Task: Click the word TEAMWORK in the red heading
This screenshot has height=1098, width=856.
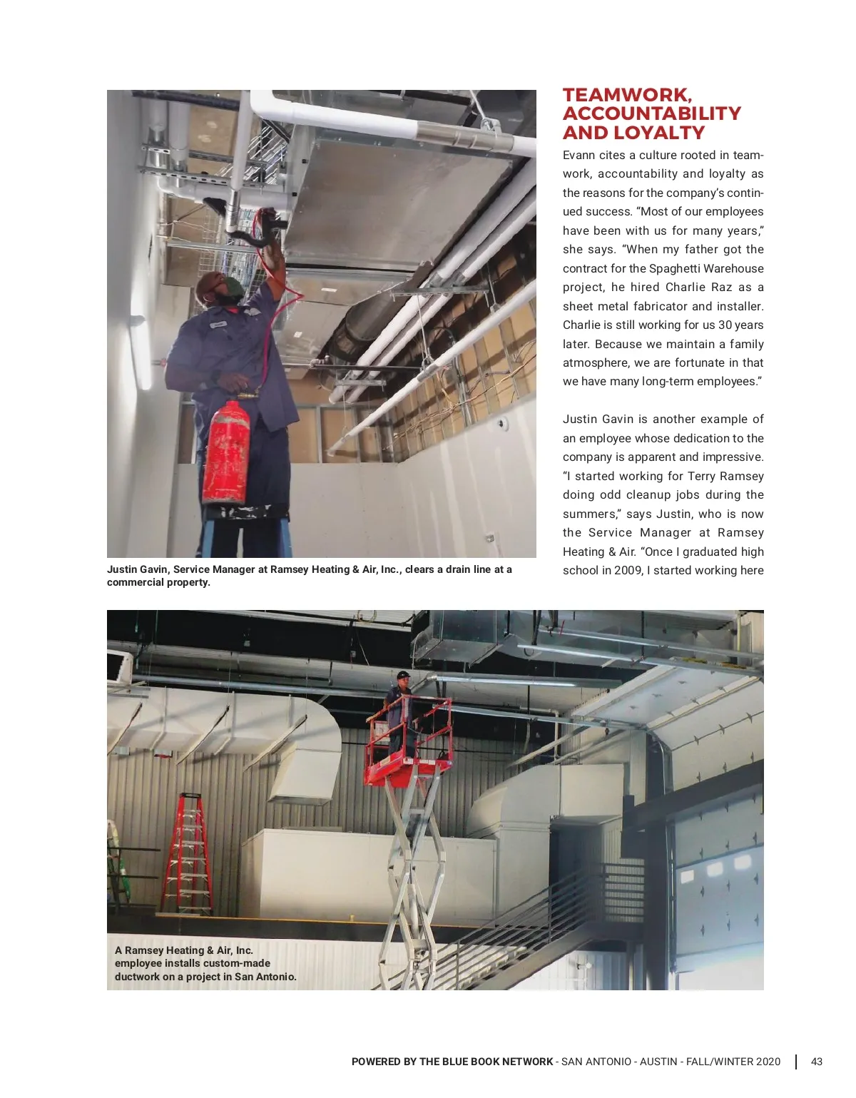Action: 626,95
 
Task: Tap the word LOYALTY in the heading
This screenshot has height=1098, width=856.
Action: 659,133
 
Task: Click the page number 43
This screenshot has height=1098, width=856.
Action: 817,1062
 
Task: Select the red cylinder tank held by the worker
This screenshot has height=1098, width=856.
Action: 225,452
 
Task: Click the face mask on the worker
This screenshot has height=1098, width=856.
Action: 232,290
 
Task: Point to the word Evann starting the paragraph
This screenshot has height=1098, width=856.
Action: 579,155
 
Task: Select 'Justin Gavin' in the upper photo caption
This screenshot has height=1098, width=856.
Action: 138,569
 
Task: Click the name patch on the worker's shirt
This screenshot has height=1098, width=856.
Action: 218,325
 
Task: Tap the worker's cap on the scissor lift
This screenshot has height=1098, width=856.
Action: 403,674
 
